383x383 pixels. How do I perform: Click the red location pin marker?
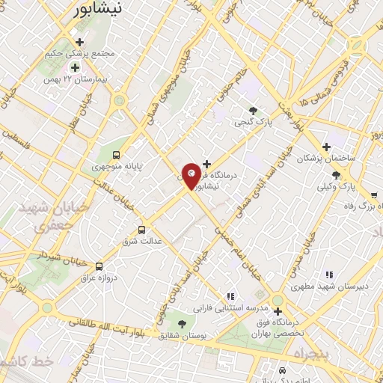pos(192,176)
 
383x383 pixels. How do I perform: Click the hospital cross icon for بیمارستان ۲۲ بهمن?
pos(76,68)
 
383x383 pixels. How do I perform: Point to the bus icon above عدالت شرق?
pos(142,230)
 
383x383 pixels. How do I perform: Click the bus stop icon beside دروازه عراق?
pos(99,266)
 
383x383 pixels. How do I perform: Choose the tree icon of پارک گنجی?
pos(254,110)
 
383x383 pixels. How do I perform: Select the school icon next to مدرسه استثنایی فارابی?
pos(230,297)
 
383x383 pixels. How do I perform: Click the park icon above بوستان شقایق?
pos(182,323)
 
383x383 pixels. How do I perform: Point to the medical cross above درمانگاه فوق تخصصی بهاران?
pos(278,310)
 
